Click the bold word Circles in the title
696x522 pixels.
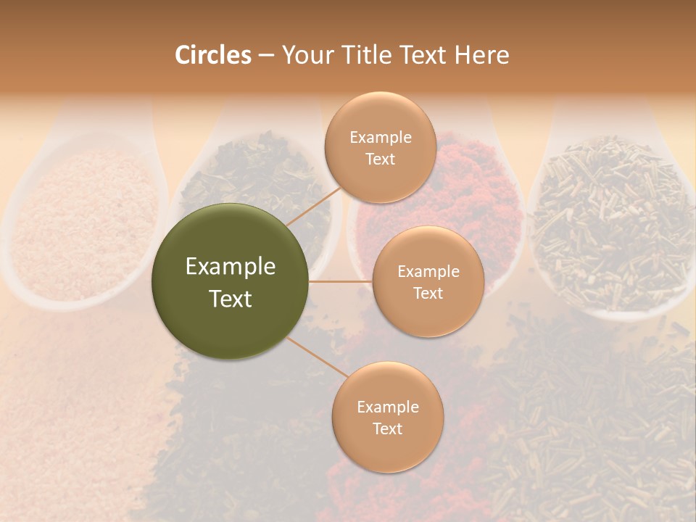pos(212,55)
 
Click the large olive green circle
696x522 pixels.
pos(230,281)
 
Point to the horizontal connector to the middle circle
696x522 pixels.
pos(341,281)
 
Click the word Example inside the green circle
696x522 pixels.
pos(231,267)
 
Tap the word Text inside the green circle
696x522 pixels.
pos(231,298)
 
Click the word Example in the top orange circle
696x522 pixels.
pos(381,137)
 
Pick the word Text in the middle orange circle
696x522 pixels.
pos(428,293)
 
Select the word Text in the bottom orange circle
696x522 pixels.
pos(387,428)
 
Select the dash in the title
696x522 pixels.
pos(265,55)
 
